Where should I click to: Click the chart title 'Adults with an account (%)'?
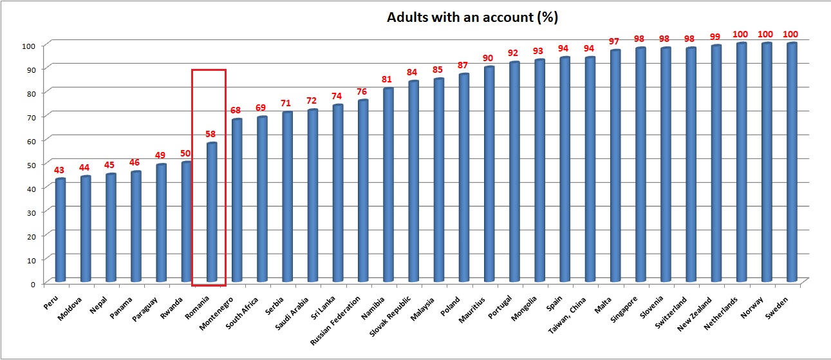pos(472,17)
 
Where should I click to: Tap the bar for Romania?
pos(212,213)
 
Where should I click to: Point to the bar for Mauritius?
pos(489,174)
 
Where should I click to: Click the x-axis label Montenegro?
pos(219,308)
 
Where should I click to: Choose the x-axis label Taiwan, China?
pos(568,312)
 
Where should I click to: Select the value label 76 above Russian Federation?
pos(363,91)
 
